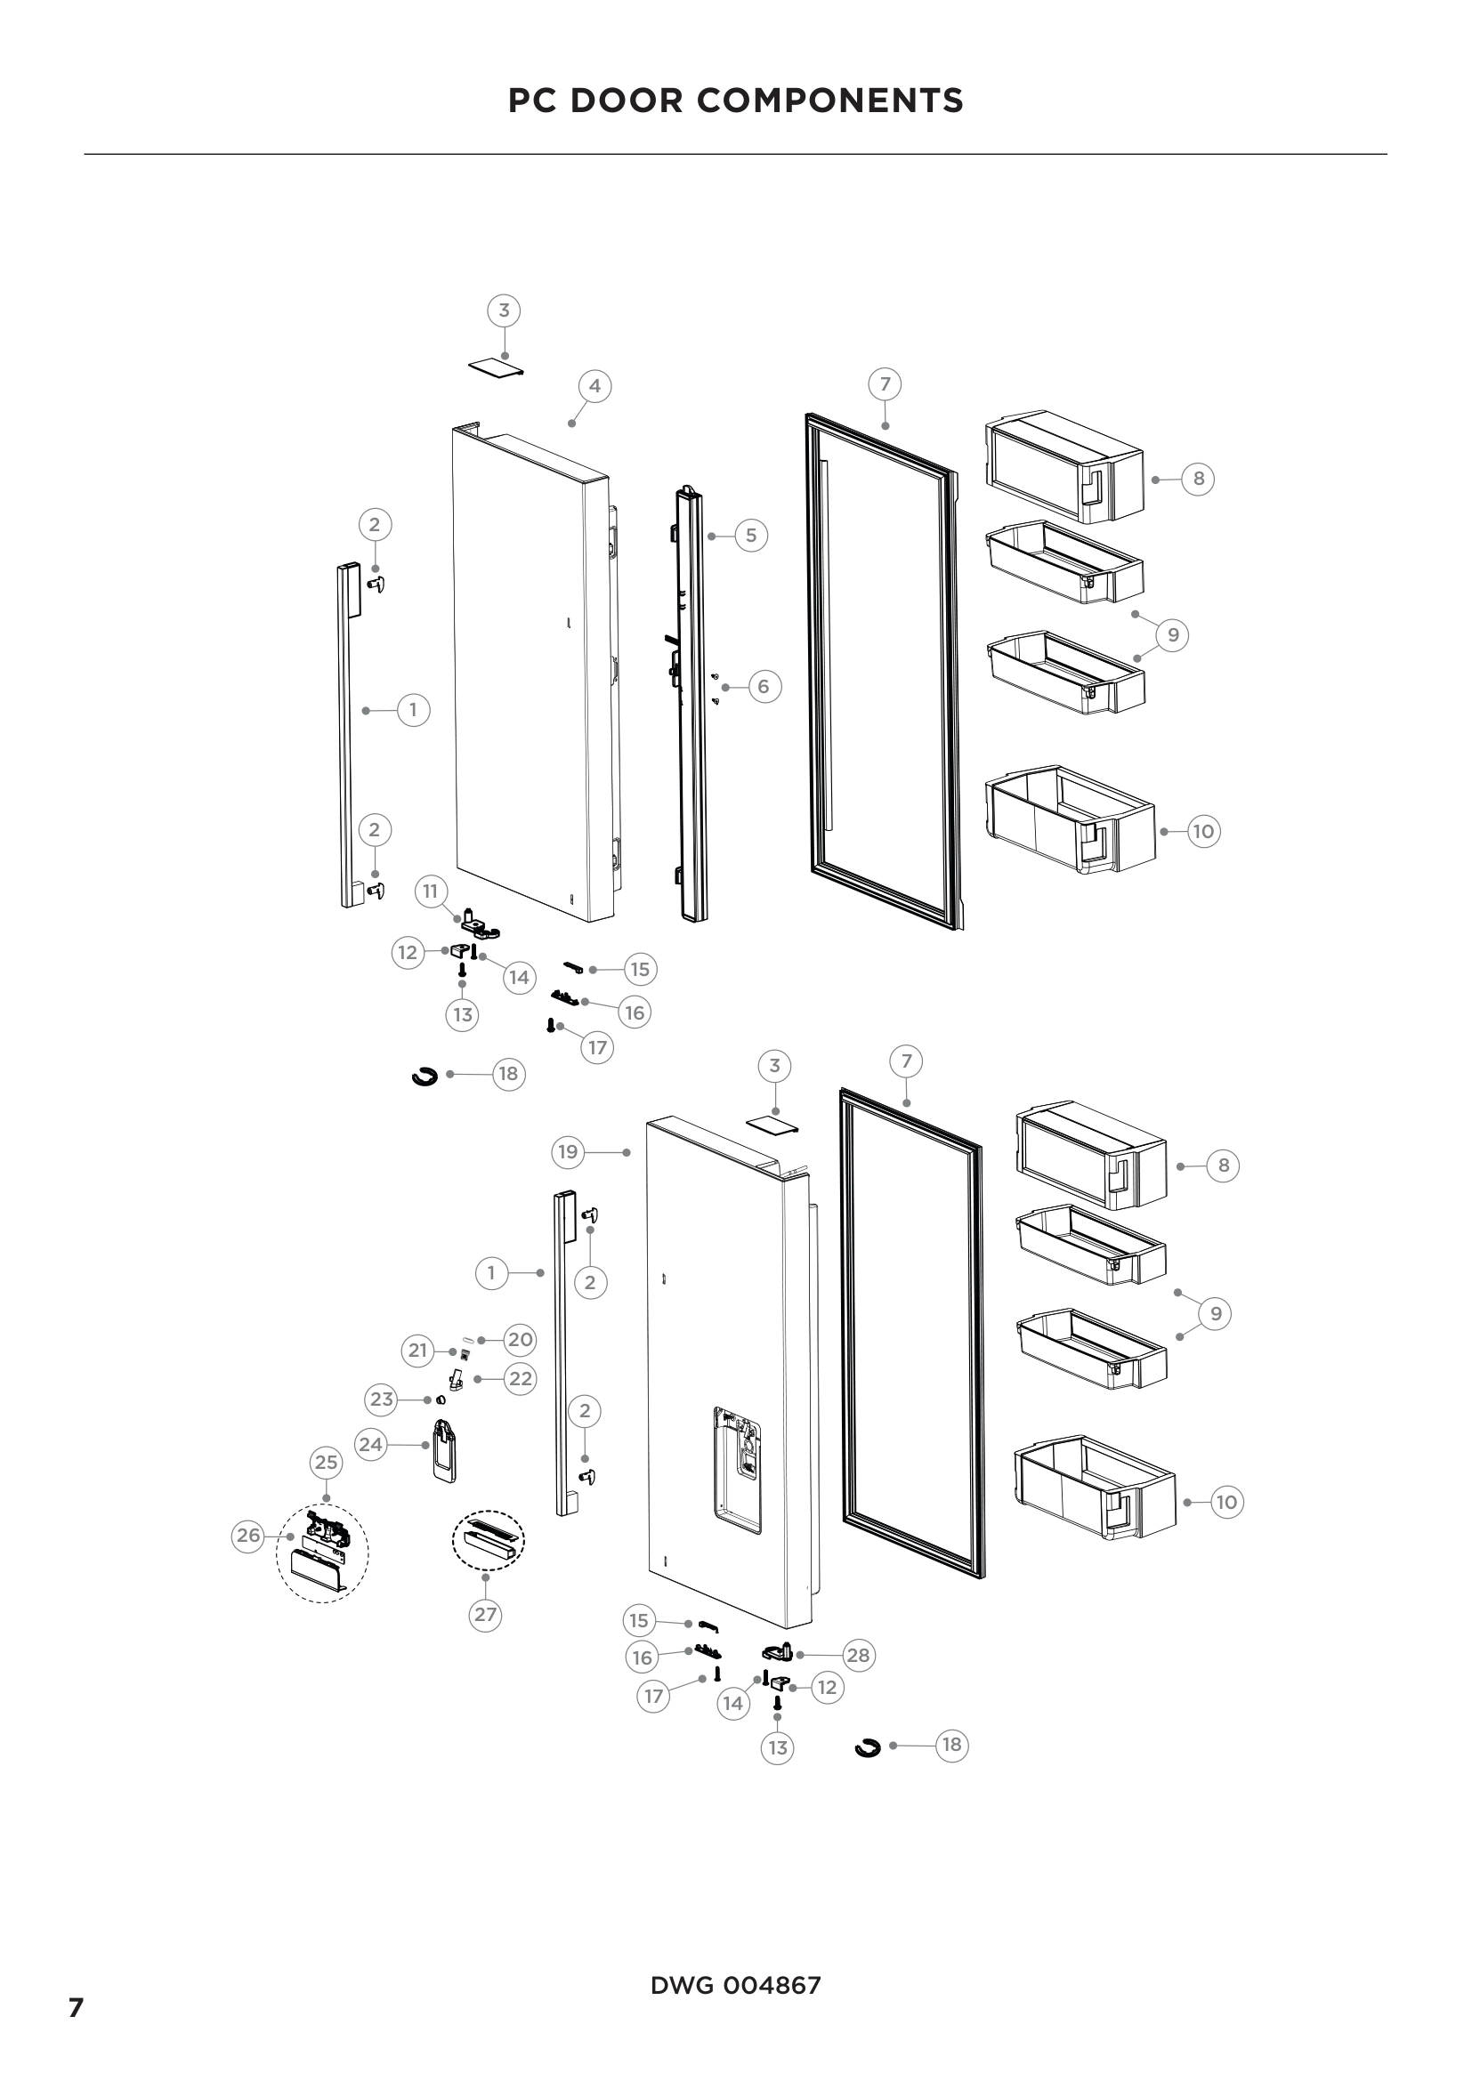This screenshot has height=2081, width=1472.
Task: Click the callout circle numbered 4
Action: click(x=594, y=386)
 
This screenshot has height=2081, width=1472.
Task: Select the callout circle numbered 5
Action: click(x=750, y=536)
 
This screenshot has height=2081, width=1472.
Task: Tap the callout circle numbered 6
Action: click(x=764, y=687)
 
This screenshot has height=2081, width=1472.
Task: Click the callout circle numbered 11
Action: click(x=431, y=891)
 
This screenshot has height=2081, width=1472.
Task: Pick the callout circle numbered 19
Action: click(x=569, y=1152)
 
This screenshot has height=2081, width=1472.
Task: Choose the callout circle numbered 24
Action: click(x=371, y=1444)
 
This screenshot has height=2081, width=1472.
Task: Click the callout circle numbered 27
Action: click(x=486, y=1614)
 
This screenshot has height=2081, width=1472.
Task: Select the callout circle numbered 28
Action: click(x=857, y=1656)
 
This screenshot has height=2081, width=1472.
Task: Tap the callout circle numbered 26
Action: click(x=248, y=1536)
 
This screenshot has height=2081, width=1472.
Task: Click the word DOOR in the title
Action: click(x=632, y=101)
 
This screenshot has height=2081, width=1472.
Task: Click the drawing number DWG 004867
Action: click(x=735, y=1986)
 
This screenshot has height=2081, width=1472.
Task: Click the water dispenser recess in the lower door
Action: click(x=736, y=1468)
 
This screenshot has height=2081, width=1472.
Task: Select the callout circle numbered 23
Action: click(x=382, y=1399)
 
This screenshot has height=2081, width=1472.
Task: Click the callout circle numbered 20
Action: click(x=520, y=1340)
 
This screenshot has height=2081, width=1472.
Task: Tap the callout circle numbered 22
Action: click(x=520, y=1378)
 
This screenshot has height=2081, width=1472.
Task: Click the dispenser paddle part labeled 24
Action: click(x=443, y=1450)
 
